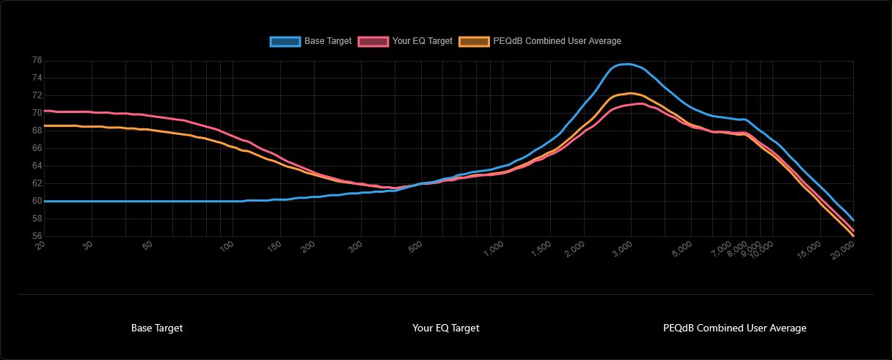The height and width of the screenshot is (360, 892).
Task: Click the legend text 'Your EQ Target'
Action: pos(422,41)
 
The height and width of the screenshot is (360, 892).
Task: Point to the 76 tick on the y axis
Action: pos(37,60)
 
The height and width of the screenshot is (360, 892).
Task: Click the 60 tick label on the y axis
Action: pos(37,201)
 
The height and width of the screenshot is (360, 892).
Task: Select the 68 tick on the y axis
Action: pos(37,131)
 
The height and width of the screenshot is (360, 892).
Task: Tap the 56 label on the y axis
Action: pos(37,236)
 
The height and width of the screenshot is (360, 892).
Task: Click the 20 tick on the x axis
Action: pos(41,246)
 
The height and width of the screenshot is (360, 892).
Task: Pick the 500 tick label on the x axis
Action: pos(415,246)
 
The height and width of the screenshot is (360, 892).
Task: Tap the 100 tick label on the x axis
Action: pos(227,246)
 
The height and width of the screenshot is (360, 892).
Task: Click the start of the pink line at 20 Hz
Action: pos(45,111)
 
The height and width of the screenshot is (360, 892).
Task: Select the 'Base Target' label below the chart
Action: pos(157,328)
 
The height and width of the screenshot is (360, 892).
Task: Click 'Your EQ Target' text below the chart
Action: pos(446,328)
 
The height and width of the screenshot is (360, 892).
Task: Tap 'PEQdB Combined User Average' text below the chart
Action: pos(734,328)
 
